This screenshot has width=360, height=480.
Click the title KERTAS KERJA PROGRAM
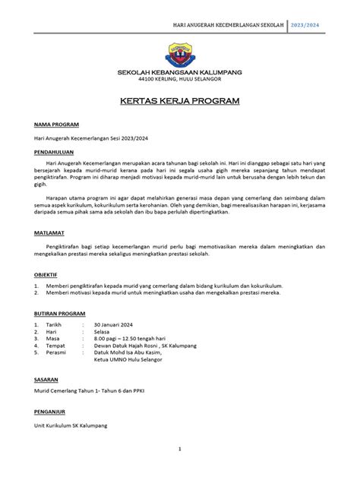[179, 100]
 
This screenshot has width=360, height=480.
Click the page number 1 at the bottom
[180, 450]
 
